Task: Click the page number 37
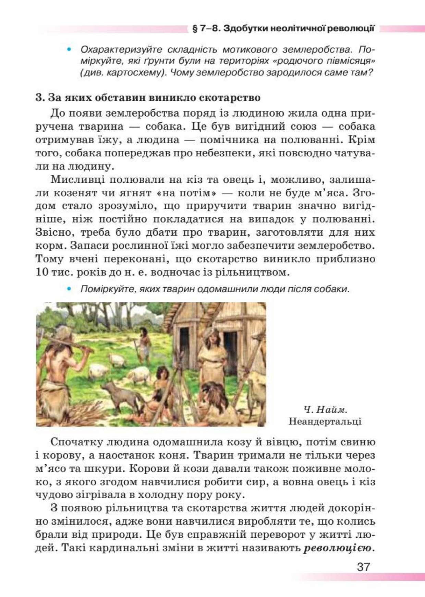coord(363,566)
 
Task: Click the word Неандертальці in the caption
coord(325,421)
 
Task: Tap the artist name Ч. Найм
coord(325,409)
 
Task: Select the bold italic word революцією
coord(338,548)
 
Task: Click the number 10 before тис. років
coord(42,272)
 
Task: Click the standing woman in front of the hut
coord(212,357)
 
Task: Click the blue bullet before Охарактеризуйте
coord(69,50)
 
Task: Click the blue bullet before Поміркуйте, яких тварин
coord(69,289)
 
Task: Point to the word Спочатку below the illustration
coord(76,442)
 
